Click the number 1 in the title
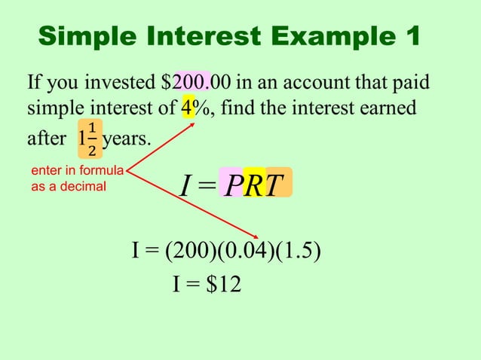[x=410, y=35]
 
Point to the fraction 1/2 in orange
[x=92, y=139]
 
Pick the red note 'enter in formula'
[x=72, y=171]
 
